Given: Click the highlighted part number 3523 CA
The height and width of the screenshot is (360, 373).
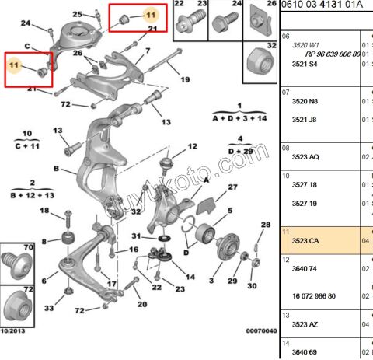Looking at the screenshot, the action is (x=305, y=241).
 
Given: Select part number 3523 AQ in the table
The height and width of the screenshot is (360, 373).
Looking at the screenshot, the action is (x=305, y=157).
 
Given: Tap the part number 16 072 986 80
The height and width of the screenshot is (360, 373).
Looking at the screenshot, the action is (x=314, y=296).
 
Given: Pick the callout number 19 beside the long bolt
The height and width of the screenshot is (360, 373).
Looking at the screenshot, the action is (x=185, y=79).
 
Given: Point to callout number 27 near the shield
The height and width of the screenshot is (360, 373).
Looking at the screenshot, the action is (x=232, y=187).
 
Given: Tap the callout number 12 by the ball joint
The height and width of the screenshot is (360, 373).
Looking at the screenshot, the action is (x=193, y=146).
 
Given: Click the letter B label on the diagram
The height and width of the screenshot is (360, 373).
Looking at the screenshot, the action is (x=56, y=169).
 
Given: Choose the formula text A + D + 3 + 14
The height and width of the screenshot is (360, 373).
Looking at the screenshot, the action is (x=239, y=118).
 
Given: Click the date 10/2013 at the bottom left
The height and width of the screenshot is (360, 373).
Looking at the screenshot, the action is (x=13, y=331).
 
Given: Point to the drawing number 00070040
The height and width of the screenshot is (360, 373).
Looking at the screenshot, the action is (x=261, y=330).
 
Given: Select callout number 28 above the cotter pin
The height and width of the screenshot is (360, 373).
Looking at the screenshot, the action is (x=266, y=225).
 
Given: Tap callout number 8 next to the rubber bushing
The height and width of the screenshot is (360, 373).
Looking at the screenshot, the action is (x=44, y=242).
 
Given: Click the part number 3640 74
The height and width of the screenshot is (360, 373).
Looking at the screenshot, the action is (x=305, y=269).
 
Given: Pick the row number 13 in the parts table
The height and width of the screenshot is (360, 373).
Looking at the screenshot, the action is (x=286, y=316).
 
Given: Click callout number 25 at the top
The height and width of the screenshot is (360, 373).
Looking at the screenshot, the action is (x=77, y=14).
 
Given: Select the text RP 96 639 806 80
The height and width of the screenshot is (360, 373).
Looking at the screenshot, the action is (x=333, y=54).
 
